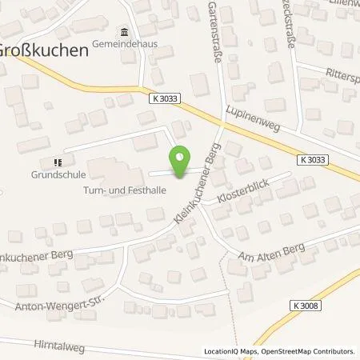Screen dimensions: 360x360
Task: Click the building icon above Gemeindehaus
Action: click(x=124, y=33)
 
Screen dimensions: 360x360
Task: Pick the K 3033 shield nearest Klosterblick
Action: click(x=315, y=160)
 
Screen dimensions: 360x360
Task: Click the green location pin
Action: click(x=180, y=160)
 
